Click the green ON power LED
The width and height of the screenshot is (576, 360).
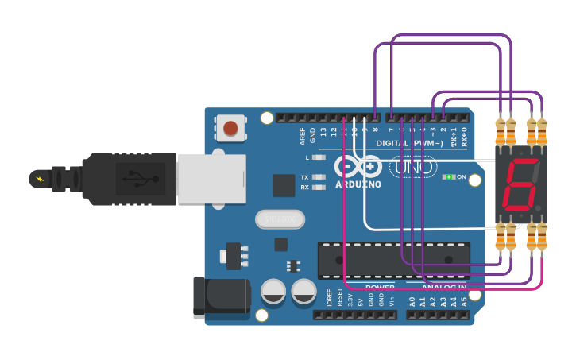[450, 176]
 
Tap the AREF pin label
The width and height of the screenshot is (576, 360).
[303, 136]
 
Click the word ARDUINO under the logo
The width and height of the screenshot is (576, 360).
[358, 184]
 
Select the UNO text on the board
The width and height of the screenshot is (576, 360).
[414, 168]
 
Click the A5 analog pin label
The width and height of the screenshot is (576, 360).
[463, 302]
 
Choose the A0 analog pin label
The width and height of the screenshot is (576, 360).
[412, 302]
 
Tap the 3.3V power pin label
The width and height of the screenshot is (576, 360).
[350, 300]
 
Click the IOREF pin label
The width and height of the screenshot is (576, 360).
[330, 298]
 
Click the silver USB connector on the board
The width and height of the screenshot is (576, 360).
[210, 178]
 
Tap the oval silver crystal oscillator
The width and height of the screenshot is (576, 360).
[280, 219]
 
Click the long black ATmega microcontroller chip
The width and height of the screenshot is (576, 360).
[393, 261]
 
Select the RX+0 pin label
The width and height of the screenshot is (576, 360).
[464, 137]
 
